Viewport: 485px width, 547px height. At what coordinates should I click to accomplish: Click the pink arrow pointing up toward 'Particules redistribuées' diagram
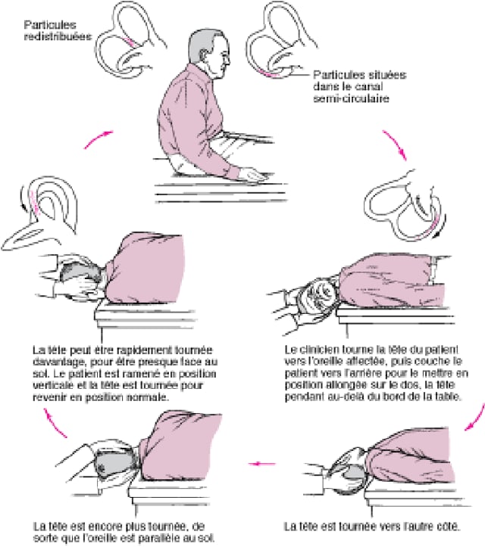(x=98, y=138)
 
